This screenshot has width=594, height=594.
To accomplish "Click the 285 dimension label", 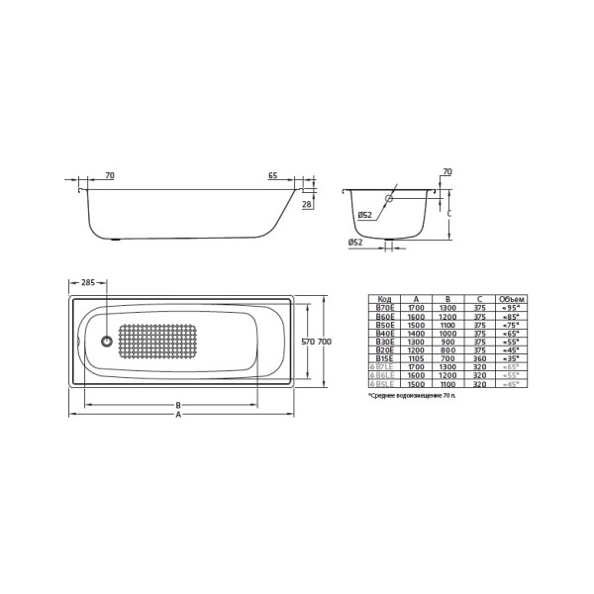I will click(x=88, y=283).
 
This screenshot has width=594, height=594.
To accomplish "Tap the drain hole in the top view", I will click(x=107, y=342).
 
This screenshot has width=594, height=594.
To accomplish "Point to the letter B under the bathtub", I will click(x=178, y=405).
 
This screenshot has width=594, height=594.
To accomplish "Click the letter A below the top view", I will click(x=178, y=415).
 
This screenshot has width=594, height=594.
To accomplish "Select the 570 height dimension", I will click(x=307, y=342).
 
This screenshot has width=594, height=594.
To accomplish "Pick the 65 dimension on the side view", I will click(x=271, y=176).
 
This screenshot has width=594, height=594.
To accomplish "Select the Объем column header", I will click(x=512, y=299).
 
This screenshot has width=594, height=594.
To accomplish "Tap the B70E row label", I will click(x=384, y=308).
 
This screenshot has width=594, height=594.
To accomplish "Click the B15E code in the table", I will click(x=384, y=357).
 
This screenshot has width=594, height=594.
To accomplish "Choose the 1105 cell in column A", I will click(x=417, y=357).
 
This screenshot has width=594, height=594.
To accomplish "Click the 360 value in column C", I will click(x=480, y=357).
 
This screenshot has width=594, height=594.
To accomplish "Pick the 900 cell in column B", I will click(x=448, y=342).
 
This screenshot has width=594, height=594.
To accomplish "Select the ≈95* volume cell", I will click(x=512, y=308).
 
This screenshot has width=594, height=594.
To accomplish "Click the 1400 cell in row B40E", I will click(x=417, y=333).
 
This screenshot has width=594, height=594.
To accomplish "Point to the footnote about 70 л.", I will click(x=413, y=395).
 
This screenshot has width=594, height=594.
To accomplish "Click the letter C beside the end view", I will click(x=448, y=213).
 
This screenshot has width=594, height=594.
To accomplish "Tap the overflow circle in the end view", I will click(x=388, y=199).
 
